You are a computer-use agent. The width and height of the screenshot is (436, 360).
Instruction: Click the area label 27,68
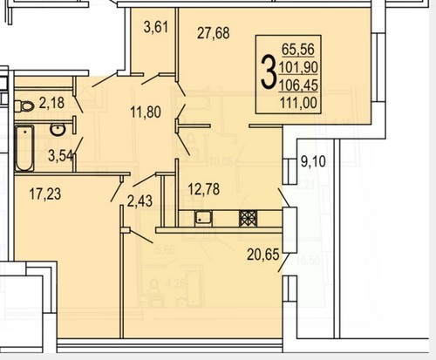pos(214,33)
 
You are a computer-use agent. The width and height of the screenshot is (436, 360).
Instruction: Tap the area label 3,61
pos(156,27)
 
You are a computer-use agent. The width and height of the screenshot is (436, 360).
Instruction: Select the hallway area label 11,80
pos(146,112)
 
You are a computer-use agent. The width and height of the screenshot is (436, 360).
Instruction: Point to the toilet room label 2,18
pos(51,103)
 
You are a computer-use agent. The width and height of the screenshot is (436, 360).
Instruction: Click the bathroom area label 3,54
pos(60,156)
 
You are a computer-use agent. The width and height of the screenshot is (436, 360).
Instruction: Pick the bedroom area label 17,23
pos(45,194)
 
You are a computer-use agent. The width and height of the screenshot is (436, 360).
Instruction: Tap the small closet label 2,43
pos(140,200)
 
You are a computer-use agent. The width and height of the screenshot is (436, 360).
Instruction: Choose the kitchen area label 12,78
pos(204,189)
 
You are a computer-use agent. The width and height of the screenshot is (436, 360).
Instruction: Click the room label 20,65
pos(263,255)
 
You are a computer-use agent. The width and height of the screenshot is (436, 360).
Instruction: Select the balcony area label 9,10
pos(313,161)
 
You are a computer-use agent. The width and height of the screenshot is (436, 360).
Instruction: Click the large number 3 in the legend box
pos(268,73)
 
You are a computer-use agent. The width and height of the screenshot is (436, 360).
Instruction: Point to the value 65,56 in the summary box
pos(298,50)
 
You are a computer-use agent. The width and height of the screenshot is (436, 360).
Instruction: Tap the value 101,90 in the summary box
pos(298,67)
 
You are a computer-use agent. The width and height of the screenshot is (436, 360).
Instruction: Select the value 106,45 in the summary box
pos(298,85)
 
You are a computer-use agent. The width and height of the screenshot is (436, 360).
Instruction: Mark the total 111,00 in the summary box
pos(298,103)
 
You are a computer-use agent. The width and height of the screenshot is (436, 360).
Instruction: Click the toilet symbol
pos(24,105)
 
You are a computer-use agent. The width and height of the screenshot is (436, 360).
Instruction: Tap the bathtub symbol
pos(24,148)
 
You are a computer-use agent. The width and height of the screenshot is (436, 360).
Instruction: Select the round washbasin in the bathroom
pos(58,129)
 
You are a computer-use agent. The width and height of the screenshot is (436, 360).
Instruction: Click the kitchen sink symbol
pos(203,218)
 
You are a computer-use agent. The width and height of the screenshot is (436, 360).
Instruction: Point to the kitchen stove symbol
pos(249,218)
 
